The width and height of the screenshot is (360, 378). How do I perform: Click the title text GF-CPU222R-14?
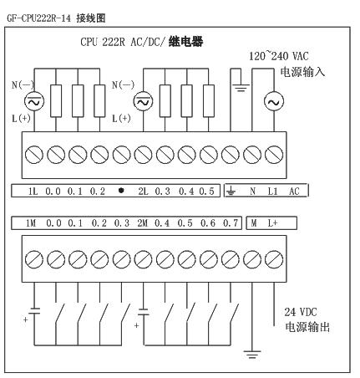[38, 18]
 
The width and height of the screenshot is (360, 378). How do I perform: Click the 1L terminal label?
[33, 192]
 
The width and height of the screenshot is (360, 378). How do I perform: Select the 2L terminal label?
[143, 192]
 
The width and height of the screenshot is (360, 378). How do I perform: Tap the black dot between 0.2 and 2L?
[121, 191]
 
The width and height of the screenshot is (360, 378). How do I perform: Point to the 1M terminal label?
[31, 223]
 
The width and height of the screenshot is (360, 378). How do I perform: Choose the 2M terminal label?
[142, 223]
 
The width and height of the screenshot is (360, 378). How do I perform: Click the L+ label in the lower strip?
[272, 223]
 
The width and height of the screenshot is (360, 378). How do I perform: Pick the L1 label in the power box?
[272, 192]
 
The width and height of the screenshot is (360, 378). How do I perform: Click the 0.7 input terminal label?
[231, 223]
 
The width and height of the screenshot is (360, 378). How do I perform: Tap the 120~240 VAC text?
[279, 56]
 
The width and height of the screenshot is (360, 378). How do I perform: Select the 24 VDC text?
[301, 312]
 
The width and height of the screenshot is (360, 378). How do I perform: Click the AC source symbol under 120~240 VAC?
[274, 101]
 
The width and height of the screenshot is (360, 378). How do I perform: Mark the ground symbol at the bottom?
[252, 354]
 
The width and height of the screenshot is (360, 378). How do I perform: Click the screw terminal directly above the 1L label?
[34, 155]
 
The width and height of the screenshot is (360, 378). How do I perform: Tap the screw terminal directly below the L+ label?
[274, 259]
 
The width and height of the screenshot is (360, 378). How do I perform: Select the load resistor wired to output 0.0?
[56, 101]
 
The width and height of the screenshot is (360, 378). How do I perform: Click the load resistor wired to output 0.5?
[209, 101]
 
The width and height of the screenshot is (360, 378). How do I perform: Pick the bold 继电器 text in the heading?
[185, 42]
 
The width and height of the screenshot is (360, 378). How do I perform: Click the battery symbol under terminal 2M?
[144, 311]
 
